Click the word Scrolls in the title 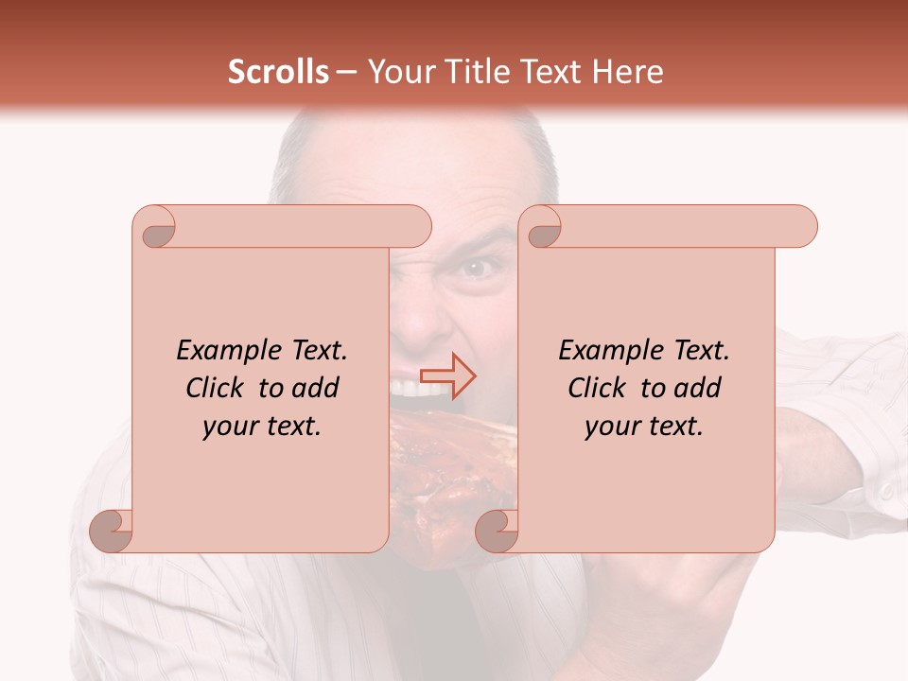coord(278,72)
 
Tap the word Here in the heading coord(628,72)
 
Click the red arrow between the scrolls coord(447,376)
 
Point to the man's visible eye coord(480,268)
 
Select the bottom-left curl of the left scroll coord(112,530)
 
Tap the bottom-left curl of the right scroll coord(497,530)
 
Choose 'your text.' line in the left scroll coord(262,427)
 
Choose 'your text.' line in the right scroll coord(644,427)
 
